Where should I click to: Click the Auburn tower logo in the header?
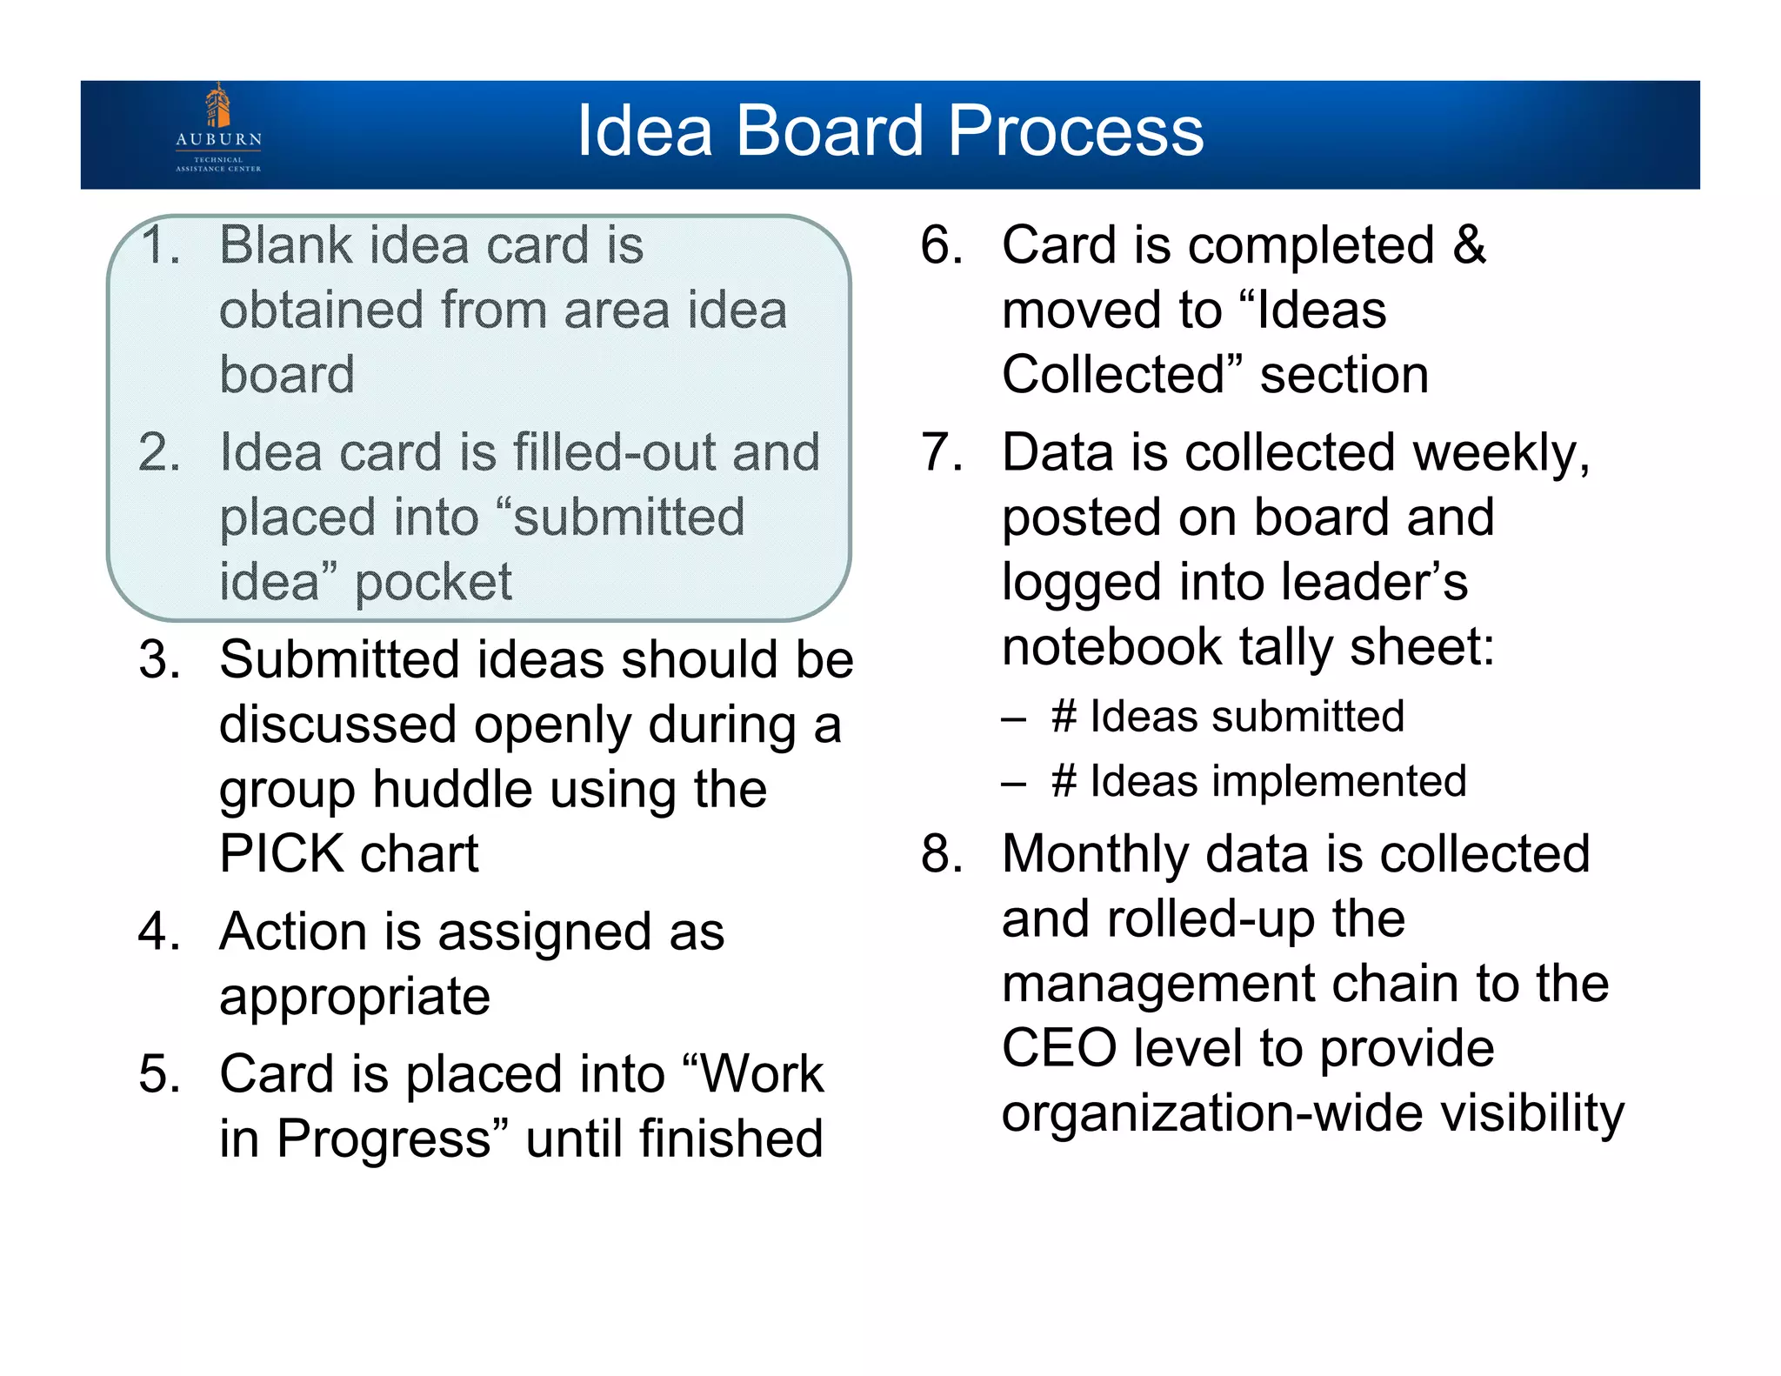[x=218, y=107]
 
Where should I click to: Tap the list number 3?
[x=159, y=659]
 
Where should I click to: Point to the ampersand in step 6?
[x=1469, y=245]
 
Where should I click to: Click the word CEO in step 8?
[x=1058, y=1048]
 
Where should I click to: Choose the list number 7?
[x=942, y=453]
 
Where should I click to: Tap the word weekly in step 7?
[x=1500, y=453]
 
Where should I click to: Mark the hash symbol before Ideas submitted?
[x=1064, y=717]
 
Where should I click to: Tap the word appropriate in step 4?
[x=355, y=997]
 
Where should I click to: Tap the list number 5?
[x=159, y=1074]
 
